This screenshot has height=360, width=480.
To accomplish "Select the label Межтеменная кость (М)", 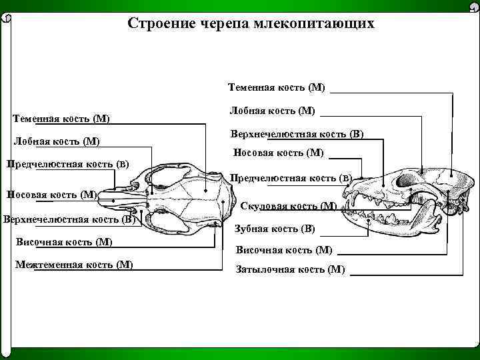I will click(x=73, y=265).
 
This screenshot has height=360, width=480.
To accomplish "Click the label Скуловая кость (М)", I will click(x=289, y=206).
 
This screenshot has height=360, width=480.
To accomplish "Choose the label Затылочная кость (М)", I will click(x=291, y=270).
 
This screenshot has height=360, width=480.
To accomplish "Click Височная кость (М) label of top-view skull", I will click(x=63, y=241).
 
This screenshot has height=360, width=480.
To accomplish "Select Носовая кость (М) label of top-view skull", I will click(x=51, y=195).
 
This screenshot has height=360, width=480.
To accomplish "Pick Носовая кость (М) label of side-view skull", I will click(x=278, y=153).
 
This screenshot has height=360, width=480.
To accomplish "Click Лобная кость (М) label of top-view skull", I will click(x=57, y=141).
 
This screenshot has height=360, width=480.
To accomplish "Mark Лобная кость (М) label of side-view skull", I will click(x=272, y=110).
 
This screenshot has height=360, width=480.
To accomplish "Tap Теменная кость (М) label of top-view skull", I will click(x=61, y=119).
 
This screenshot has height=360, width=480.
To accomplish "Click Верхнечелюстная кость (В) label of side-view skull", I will click(x=297, y=133).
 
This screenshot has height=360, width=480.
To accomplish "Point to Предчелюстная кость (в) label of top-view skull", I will click(x=67, y=164).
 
